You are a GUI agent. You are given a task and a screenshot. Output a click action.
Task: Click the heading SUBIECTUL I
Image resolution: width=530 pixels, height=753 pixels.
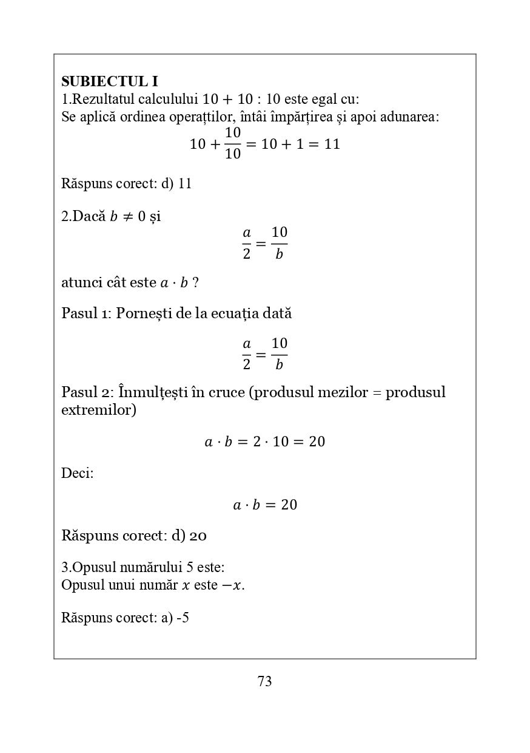click(x=109, y=81)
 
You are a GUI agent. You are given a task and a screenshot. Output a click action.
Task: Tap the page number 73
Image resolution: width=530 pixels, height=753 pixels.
click(x=264, y=681)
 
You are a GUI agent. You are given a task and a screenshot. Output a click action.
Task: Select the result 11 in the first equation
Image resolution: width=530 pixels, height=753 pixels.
click(x=332, y=144)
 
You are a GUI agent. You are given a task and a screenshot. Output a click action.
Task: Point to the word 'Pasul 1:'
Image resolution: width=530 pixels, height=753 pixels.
click(x=87, y=313)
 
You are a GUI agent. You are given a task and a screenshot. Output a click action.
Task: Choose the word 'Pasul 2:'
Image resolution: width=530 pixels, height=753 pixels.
click(x=87, y=392)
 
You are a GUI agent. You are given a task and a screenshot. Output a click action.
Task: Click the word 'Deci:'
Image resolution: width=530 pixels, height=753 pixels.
click(x=78, y=473)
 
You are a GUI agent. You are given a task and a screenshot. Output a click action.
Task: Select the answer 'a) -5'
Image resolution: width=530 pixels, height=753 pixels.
click(x=175, y=618)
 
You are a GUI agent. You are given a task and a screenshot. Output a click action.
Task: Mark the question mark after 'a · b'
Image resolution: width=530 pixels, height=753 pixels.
click(x=195, y=282)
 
